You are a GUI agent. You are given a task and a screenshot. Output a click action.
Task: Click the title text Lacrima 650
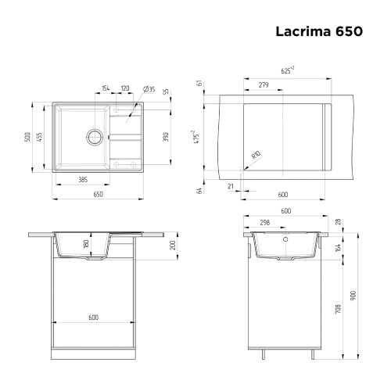pos(317,32)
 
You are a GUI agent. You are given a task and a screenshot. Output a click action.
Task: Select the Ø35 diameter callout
pos(149,88)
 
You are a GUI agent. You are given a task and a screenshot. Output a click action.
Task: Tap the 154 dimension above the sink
pos(106,88)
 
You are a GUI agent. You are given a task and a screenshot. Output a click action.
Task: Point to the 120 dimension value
pos(125,88)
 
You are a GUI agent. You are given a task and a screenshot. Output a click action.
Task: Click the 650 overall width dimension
pos(99,194)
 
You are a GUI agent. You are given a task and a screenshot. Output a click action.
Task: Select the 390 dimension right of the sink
pos(165,137)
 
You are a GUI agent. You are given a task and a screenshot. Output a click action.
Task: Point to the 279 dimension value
pos(263,84)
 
